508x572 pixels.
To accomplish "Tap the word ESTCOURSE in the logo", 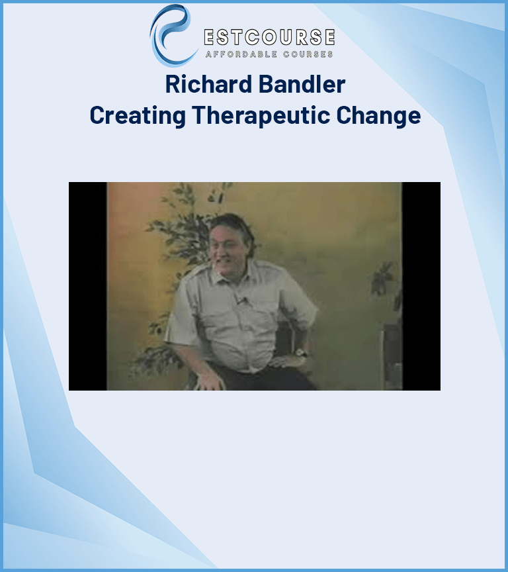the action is tap(269, 37).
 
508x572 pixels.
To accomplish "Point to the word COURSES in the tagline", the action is tap(308, 54).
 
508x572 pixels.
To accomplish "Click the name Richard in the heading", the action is tap(208, 84).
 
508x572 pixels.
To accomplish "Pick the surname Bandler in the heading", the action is tap(302, 84).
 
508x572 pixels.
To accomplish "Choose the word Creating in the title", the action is tap(138, 116).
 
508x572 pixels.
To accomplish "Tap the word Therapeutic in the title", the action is tap(261, 116).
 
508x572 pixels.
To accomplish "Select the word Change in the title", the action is tap(378, 116).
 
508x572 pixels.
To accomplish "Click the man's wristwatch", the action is tap(301, 352).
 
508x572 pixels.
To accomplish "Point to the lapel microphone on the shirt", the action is tap(241, 301).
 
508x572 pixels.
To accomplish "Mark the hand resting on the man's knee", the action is tap(210, 381).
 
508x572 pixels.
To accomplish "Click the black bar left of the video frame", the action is tap(88, 286).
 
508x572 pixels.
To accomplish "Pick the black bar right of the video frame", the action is tap(421, 286).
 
